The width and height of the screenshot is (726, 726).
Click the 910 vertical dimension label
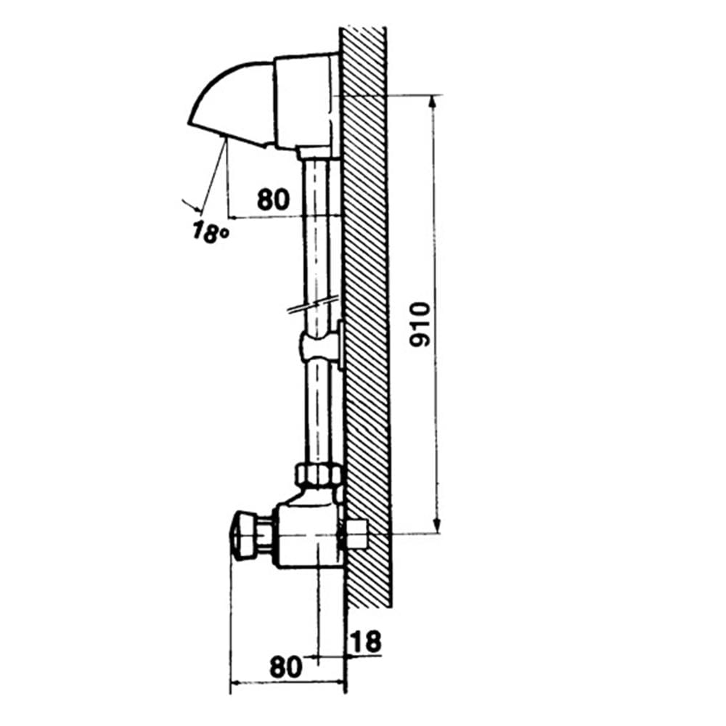point(420,324)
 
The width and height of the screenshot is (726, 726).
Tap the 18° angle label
point(210,232)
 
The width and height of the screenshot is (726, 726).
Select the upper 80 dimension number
point(273,200)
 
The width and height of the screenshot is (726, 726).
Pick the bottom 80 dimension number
point(285,667)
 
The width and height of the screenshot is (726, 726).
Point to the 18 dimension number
point(365,642)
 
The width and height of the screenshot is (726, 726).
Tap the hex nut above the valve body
point(319,474)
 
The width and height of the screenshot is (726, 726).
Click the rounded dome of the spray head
point(232,104)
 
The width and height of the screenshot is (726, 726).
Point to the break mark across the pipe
point(313,306)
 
